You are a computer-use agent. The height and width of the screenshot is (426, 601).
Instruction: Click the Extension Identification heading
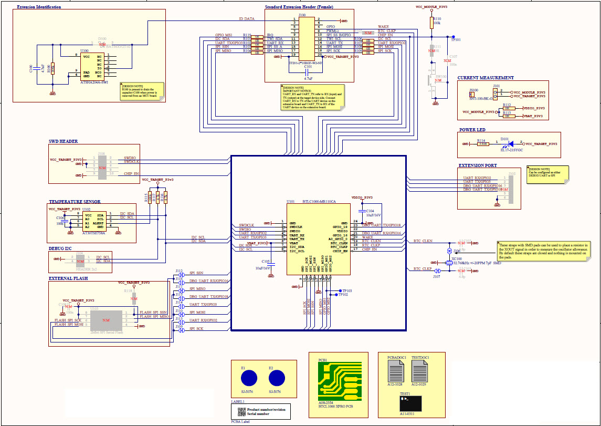(x=39, y=7)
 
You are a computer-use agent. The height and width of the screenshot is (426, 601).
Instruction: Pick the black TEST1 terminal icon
(x=410, y=403)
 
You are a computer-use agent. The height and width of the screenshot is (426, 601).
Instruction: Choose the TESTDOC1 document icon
(x=419, y=372)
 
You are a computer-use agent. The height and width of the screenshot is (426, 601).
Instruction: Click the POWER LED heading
(x=472, y=130)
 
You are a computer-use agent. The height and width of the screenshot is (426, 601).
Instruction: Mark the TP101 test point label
(x=455, y=39)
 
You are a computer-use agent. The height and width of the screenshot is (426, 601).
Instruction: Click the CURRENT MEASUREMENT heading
(x=486, y=78)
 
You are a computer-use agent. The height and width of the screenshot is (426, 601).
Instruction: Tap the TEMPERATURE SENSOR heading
(x=75, y=202)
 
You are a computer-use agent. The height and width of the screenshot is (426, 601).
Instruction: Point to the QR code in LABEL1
(x=241, y=412)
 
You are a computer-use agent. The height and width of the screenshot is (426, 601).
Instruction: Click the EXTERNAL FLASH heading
(x=68, y=278)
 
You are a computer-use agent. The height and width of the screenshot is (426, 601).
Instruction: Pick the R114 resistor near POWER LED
(x=483, y=143)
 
